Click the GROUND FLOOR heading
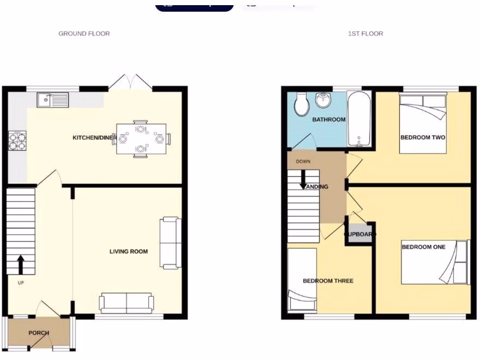[x=84, y=34]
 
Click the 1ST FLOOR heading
[x=365, y=34]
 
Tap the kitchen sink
[x=53, y=99]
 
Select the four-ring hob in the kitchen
[x=17, y=140]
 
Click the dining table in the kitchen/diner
[x=141, y=139]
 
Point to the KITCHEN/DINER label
[x=94, y=137]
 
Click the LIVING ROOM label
[x=128, y=252]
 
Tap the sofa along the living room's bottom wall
[x=127, y=303]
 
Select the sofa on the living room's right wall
[x=169, y=243]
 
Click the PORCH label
[x=39, y=333]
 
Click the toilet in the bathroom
[x=300, y=104]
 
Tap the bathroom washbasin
[x=322, y=99]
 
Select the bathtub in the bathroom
[x=360, y=119]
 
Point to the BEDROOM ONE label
[x=423, y=247]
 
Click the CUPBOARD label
[x=360, y=234]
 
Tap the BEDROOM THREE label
[x=328, y=281]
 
